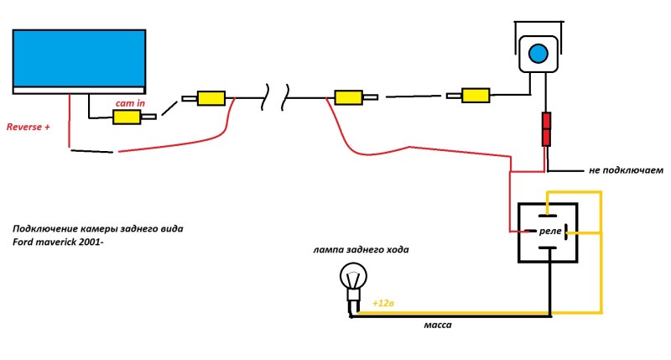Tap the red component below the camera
coord(546,129)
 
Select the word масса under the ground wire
coord(438,325)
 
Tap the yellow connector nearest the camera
coord(476,96)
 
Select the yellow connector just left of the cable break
coord(210,99)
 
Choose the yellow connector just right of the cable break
coord(348,99)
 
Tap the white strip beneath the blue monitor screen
coord(80,89)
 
